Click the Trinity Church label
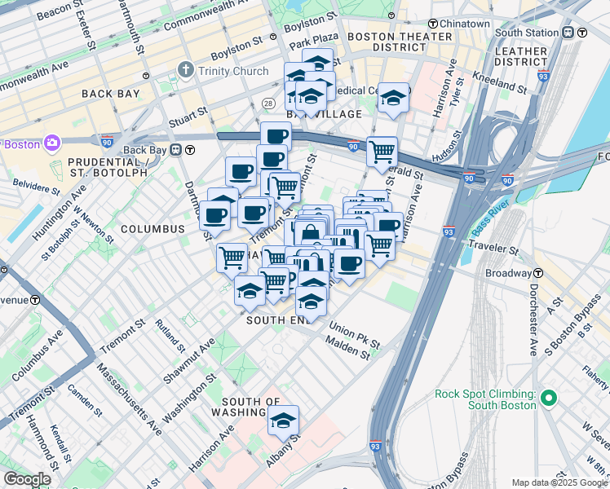click(232, 71)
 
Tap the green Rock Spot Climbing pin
click(549, 399)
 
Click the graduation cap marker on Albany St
click(283, 421)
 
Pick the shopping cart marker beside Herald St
click(382, 152)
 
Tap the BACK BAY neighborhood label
click(112, 94)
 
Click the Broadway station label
click(508, 273)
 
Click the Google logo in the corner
click(27, 479)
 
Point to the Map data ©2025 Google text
click(559, 482)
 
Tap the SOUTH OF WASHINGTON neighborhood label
click(251, 407)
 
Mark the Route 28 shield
click(267, 102)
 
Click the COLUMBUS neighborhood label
click(152, 229)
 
